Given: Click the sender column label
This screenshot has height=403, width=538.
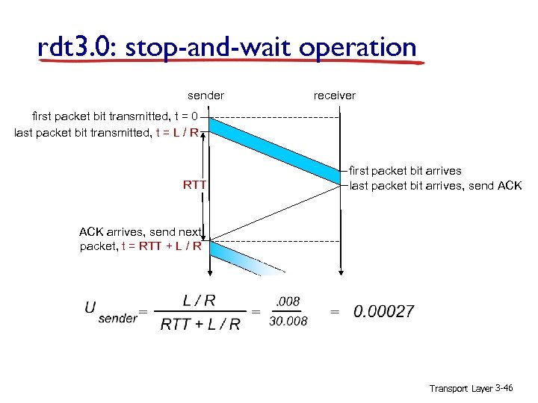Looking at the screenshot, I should (205, 96).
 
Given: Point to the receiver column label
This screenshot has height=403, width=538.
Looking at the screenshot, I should (335, 96).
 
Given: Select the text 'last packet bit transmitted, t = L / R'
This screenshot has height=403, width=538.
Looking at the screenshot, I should (106, 133).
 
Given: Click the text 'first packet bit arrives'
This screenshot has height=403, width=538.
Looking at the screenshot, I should (406, 171).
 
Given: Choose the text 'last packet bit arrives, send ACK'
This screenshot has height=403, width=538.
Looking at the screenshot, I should (436, 186).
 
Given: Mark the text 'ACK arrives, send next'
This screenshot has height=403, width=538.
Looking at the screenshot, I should (140, 231).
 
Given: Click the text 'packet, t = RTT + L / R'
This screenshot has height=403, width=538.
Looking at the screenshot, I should (140, 246).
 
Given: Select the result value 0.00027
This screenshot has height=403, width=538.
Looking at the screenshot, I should (383, 311).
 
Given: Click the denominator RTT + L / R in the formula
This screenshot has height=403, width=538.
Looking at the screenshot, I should (200, 323).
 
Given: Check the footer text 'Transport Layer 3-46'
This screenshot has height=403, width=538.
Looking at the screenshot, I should (471, 389).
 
